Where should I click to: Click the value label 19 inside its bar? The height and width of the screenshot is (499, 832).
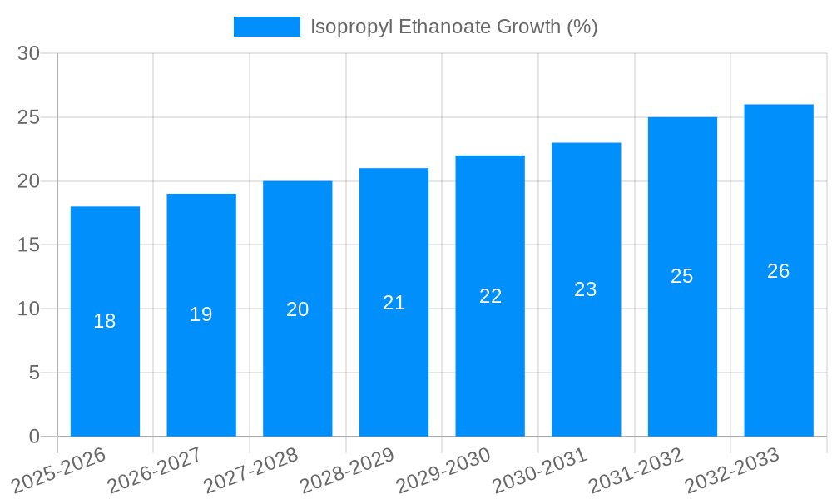(201, 314)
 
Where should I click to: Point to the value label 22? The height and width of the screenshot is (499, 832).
(490, 296)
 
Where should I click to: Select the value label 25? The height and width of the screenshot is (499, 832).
(681, 276)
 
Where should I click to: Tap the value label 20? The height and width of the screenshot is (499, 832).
(297, 309)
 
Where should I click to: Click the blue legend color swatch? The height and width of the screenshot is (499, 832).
(266, 27)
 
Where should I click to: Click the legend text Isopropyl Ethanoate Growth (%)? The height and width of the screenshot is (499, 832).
(453, 27)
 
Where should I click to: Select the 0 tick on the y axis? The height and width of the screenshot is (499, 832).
(34, 437)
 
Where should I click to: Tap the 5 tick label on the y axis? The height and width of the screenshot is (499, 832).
(34, 373)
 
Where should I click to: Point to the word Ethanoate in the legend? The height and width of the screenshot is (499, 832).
(445, 27)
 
